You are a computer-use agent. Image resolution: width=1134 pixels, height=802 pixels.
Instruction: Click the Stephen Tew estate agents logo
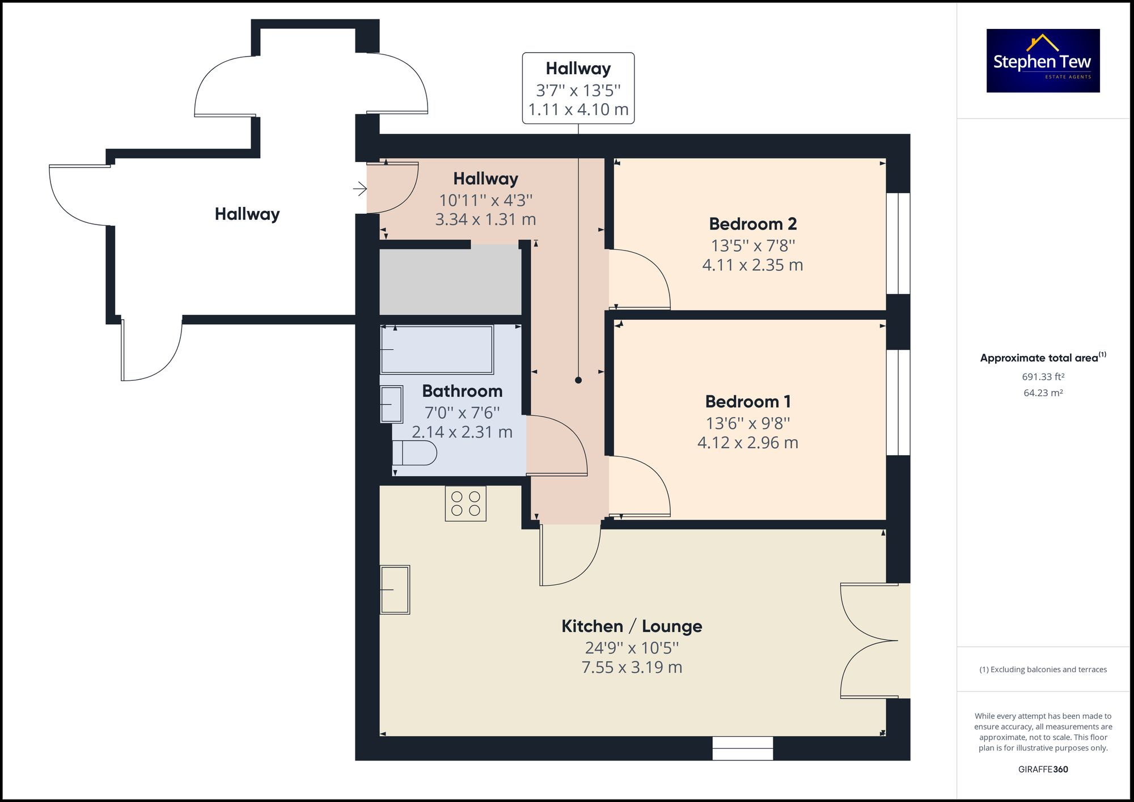point(1043,61)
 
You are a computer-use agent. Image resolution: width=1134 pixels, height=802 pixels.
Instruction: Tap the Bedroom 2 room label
point(752,224)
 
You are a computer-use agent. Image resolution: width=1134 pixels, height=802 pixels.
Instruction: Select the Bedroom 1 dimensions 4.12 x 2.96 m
point(747,443)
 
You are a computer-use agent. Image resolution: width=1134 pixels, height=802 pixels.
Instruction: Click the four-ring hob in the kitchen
point(466,503)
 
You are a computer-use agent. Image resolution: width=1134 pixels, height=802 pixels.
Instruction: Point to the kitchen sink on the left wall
point(395,589)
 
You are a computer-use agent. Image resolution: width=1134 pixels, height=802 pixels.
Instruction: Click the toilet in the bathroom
point(414,453)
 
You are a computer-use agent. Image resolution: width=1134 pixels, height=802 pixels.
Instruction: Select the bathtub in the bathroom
point(437,350)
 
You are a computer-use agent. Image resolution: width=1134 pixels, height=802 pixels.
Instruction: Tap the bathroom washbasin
point(391,404)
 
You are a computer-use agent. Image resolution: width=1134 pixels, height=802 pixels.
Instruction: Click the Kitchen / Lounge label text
point(632,626)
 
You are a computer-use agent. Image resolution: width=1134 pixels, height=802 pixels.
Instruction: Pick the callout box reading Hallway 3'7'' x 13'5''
point(578,88)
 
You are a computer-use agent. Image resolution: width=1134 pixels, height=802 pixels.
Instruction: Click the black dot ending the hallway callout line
point(578,380)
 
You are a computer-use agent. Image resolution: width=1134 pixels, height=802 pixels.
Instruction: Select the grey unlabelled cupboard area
point(450,279)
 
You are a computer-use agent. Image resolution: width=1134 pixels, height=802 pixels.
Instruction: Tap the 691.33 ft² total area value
point(1043,377)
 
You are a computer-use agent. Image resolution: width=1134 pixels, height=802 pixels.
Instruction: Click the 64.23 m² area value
point(1043,393)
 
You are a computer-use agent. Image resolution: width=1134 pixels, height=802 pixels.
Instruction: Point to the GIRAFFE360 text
point(1043,769)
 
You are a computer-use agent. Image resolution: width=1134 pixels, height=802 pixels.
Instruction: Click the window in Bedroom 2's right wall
point(898,244)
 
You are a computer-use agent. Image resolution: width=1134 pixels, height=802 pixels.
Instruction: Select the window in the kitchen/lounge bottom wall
point(742,748)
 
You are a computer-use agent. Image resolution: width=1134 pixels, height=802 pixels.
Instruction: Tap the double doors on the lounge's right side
point(873,640)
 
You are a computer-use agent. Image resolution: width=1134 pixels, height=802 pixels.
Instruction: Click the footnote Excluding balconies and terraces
point(1043,669)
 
